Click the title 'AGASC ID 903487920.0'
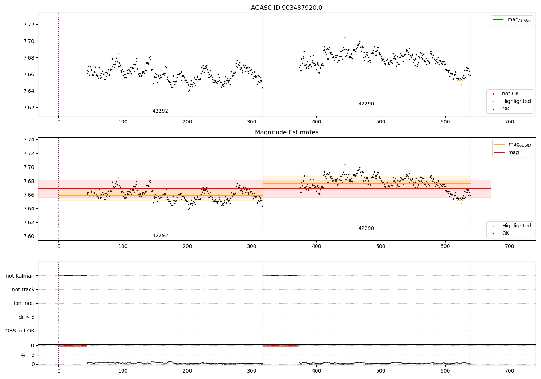pyautogui.click(x=286, y=8)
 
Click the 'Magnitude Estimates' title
pyautogui.click(x=286, y=132)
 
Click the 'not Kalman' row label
pyautogui.click(x=20, y=276)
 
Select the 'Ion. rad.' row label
pyautogui.click(x=24, y=303)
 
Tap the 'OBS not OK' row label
pyautogui.click(x=20, y=331)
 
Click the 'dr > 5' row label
pyautogui.click(x=26, y=317)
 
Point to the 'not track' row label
pyautogui.click(x=23, y=289)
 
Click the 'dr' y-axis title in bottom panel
pyautogui.click(x=23, y=355)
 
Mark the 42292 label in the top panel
pyautogui.click(x=160, y=111)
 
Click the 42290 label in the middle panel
pyautogui.click(x=366, y=228)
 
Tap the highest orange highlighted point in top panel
pyautogui.click(x=345, y=38)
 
